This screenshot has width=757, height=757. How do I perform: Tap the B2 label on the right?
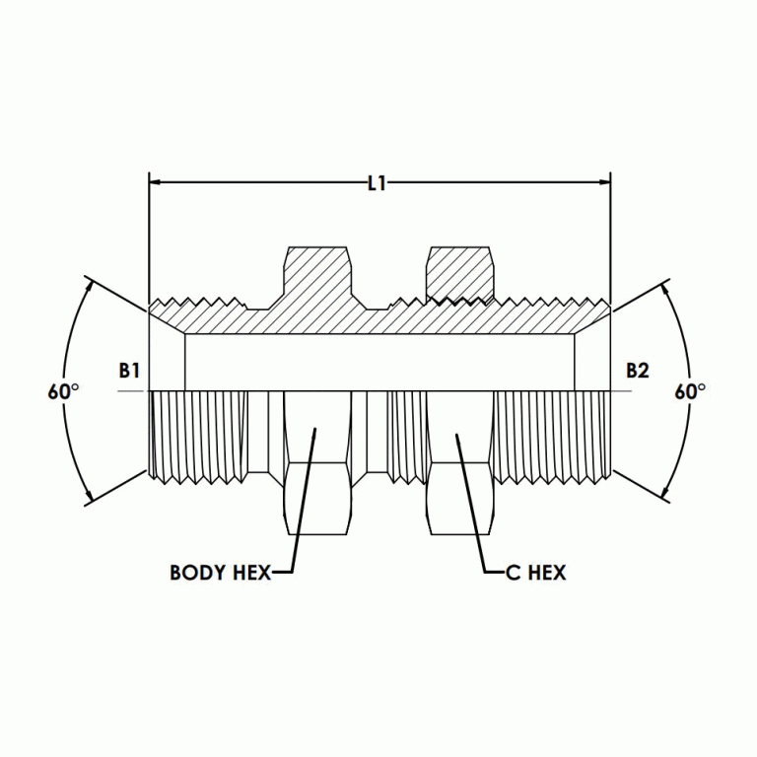click(x=638, y=371)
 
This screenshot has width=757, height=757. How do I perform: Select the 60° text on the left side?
click(x=63, y=391)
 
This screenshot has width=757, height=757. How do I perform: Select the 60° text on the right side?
click(x=690, y=391)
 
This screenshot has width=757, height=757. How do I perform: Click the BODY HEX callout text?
click(x=219, y=573)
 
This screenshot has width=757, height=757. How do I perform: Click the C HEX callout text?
click(x=535, y=573)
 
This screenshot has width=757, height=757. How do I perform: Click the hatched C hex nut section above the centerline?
click(x=458, y=272)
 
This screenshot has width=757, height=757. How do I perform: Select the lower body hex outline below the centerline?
click(x=315, y=463)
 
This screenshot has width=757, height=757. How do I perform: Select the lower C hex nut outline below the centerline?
click(x=458, y=463)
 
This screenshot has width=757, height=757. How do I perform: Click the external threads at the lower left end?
click(x=197, y=434)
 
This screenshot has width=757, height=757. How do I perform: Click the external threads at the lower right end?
click(x=557, y=434)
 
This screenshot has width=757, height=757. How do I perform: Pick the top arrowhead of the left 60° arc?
click(x=92, y=285)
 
